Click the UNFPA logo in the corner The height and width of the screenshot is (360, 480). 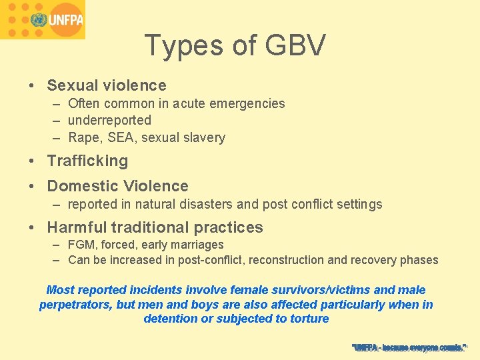click(x=43, y=19)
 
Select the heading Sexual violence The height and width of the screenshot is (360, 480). click(x=107, y=85)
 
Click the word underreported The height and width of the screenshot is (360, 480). click(x=109, y=121)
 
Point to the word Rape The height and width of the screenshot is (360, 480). click(x=83, y=138)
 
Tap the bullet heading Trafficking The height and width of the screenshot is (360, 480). click(x=87, y=161)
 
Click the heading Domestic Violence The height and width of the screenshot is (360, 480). click(x=117, y=186)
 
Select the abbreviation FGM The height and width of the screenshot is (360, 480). click(x=82, y=245)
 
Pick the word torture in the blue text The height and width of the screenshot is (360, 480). click(x=307, y=319)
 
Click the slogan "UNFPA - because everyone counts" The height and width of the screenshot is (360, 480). click(x=409, y=347)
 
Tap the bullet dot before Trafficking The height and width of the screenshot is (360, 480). click(x=32, y=161)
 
